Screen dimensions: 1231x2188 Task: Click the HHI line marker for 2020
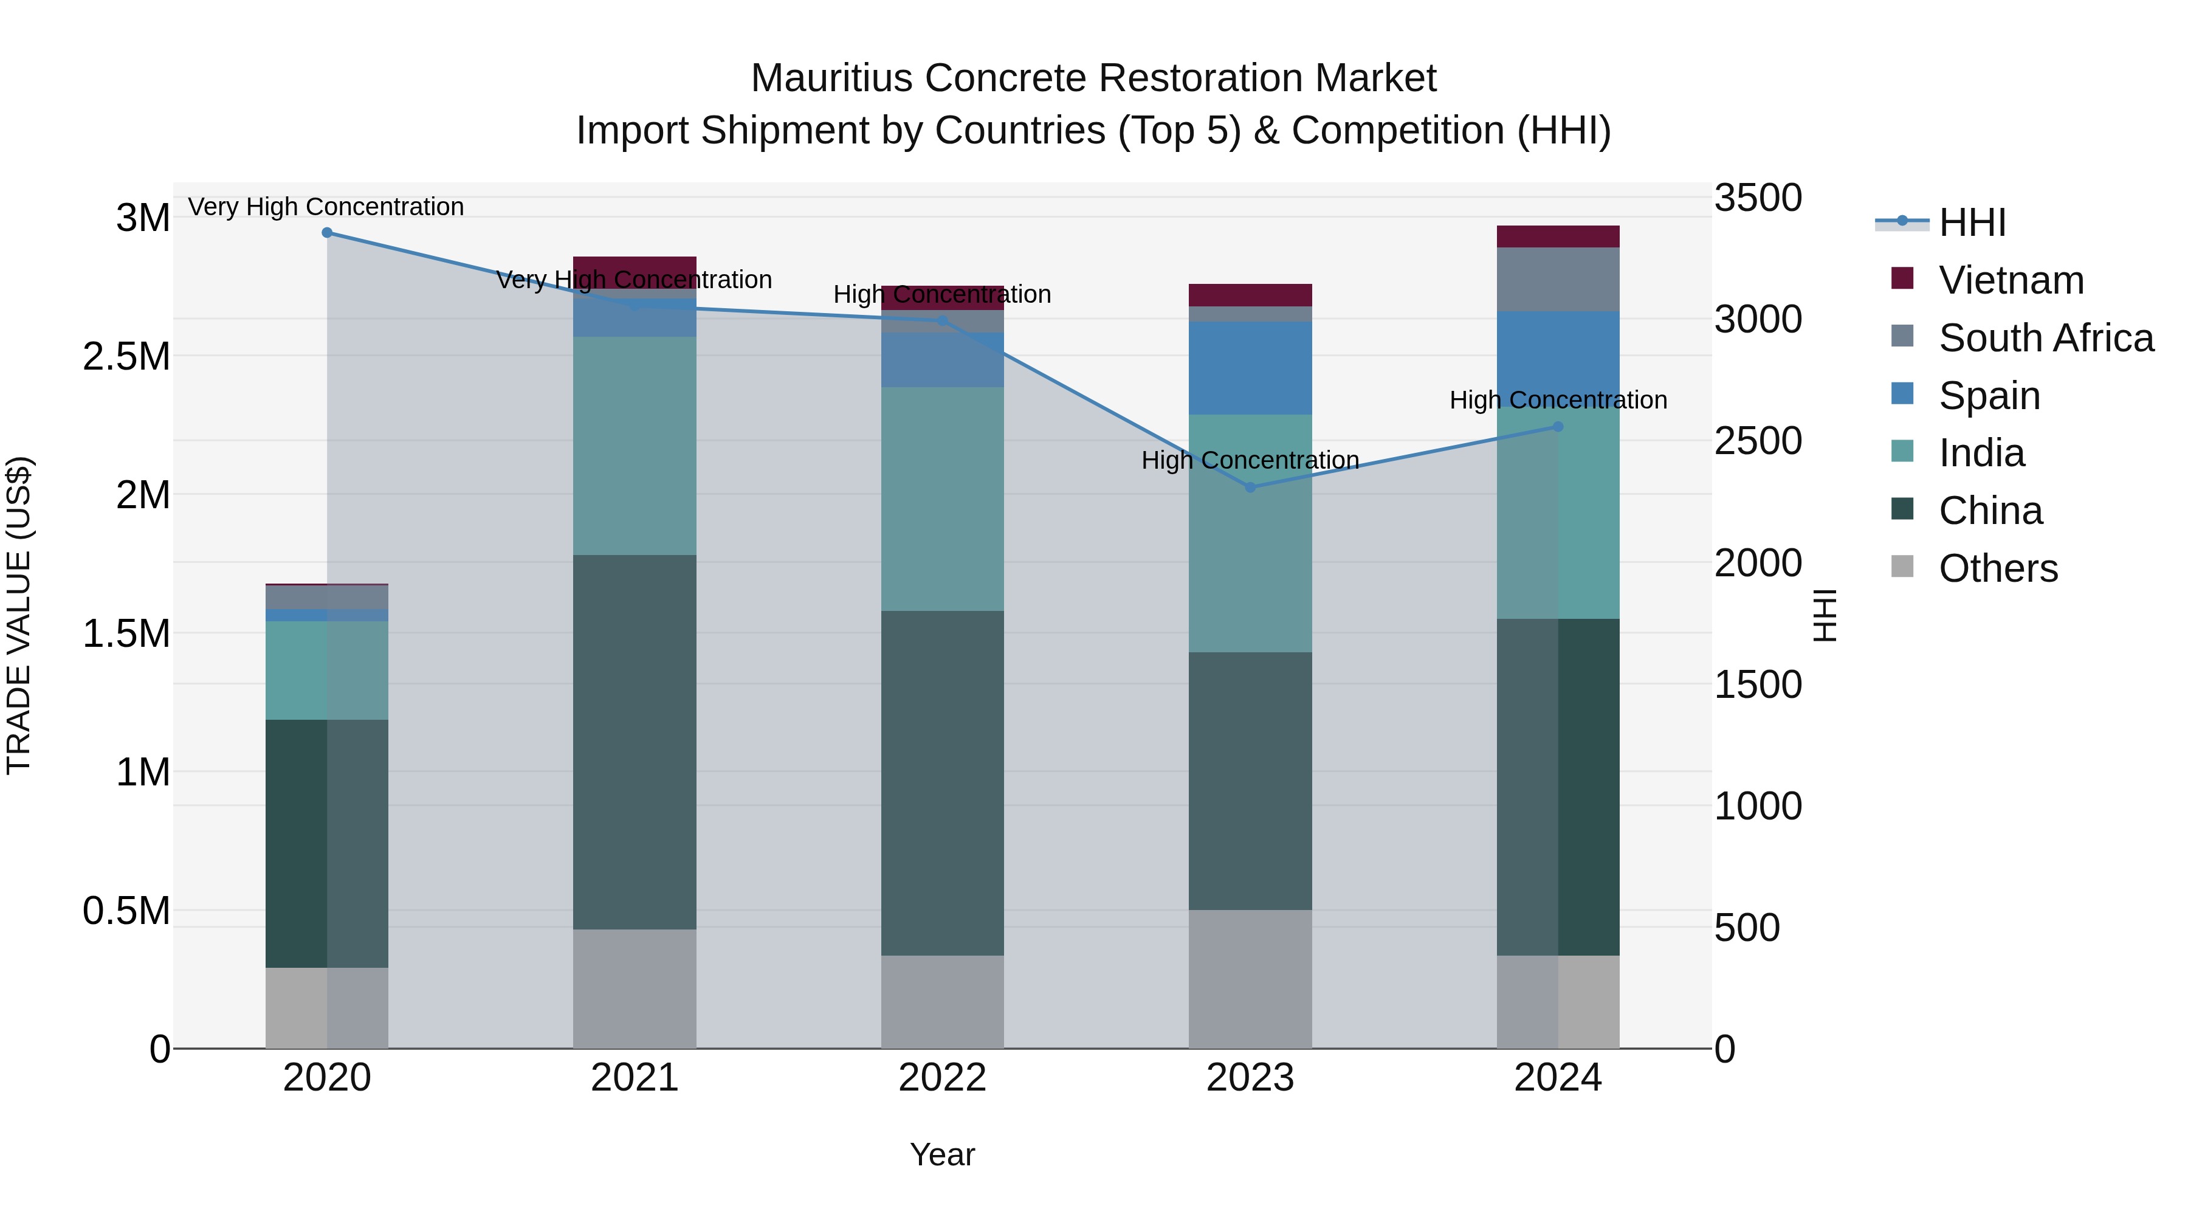pyautogui.click(x=327, y=233)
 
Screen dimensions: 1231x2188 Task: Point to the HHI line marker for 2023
pyautogui.click(x=1250, y=488)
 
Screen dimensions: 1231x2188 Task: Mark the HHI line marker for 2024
pyautogui.click(x=1557, y=427)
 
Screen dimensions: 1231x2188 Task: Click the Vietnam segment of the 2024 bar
pyautogui.click(x=1557, y=237)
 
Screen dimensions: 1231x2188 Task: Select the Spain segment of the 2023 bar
pyautogui.click(x=1250, y=368)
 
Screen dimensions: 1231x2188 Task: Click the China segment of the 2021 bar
pyautogui.click(x=635, y=742)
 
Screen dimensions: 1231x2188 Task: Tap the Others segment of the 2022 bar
pyautogui.click(x=942, y=1002)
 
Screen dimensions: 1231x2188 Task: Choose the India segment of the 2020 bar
pyautogui.click(x=327, y=671)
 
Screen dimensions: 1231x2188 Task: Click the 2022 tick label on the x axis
pyautogui.click(x=942, y=1078)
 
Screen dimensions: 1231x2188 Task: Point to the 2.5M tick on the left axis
pyautogui.click(x=126, y=357)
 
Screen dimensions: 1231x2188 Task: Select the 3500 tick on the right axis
pyautogui.click(x=1757, y=198)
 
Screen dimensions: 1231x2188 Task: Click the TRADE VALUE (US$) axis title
pyautogui.click(x=19, y=615)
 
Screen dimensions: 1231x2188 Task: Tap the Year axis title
pyautogui.click(x=942, y=1154)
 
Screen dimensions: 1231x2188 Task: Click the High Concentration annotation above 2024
pyautogui.click(x=1557, y=400)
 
